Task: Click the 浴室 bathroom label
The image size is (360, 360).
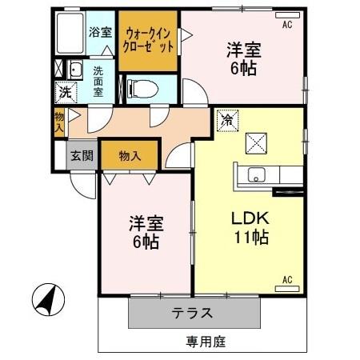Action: coord(100,33)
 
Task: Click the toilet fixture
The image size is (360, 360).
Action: coord(142,86)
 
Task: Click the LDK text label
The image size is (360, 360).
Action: coord(249,218)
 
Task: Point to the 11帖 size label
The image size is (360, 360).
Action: coord(250,237)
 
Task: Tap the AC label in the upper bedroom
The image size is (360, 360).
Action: coord(287,25)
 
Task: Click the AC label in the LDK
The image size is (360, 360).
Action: coord(289,280)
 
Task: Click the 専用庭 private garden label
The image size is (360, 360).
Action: coord(206,342)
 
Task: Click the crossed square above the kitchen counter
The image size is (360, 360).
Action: coord(258,142)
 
